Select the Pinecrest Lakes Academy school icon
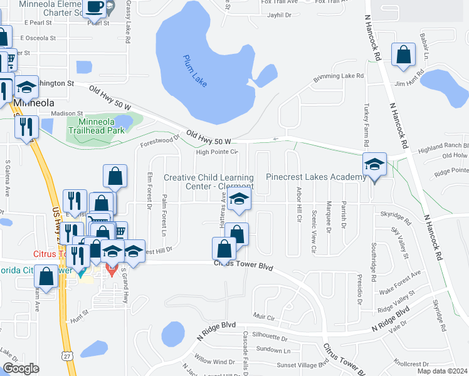tap(374, 166)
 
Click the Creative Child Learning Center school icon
tap(239, 200)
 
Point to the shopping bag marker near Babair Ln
tap(403, 55)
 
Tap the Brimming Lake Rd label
tap(339, 77)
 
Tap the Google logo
tap(21, 368)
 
